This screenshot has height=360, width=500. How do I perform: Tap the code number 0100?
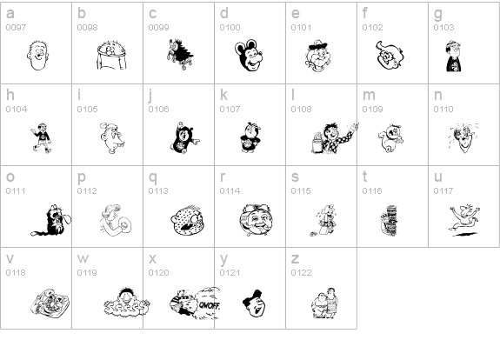230,28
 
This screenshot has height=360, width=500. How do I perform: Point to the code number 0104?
16,109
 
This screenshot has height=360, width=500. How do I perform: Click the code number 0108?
301,109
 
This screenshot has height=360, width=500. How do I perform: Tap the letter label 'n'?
438,95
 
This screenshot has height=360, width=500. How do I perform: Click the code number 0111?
16,190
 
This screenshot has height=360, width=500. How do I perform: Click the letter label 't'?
365,177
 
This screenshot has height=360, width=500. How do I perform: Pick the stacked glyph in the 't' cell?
389,220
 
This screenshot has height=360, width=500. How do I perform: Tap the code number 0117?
443,190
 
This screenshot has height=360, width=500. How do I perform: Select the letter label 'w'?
83,258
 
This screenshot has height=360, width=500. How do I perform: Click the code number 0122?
301,272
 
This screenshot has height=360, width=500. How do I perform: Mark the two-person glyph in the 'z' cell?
323,301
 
